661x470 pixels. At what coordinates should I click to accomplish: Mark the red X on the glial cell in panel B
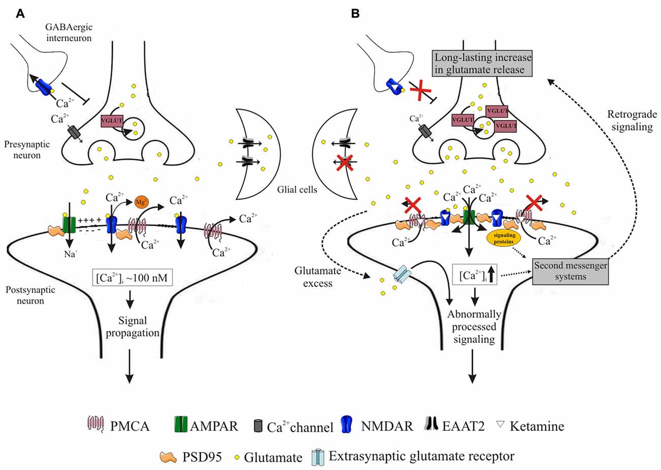pyautogui.click(x=345, y=163)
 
